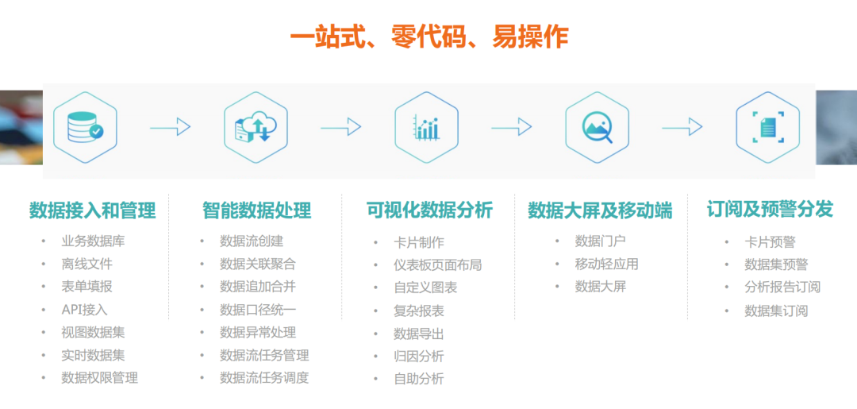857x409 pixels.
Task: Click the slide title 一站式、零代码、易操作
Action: point(429,38)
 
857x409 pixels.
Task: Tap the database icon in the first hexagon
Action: point(85,127)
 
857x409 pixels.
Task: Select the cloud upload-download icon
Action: point(256,127)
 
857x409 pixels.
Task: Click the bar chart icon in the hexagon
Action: point(426,127)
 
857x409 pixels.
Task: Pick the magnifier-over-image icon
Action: point(598,127)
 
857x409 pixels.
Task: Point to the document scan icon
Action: point(768,127)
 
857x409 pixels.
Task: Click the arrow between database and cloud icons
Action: point(171,127)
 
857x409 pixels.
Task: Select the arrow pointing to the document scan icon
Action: point(682,127)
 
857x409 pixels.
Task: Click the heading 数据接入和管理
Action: point(92,210)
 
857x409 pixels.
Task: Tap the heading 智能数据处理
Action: point(257,210)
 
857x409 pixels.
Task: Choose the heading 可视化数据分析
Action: point(429,210)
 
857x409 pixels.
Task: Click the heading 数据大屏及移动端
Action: point(600,210)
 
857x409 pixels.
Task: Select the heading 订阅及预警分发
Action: point(770,209)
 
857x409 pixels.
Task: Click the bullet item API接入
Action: point(85,310)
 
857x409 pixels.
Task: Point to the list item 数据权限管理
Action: point(99,377)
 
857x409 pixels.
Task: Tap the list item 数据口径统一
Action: point(258,310)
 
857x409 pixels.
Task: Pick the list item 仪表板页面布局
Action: point(438,265)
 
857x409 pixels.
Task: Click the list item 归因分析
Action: point(419,357)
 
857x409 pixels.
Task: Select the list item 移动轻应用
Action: point(607,264)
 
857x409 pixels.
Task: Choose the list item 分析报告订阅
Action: point(782,287)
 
